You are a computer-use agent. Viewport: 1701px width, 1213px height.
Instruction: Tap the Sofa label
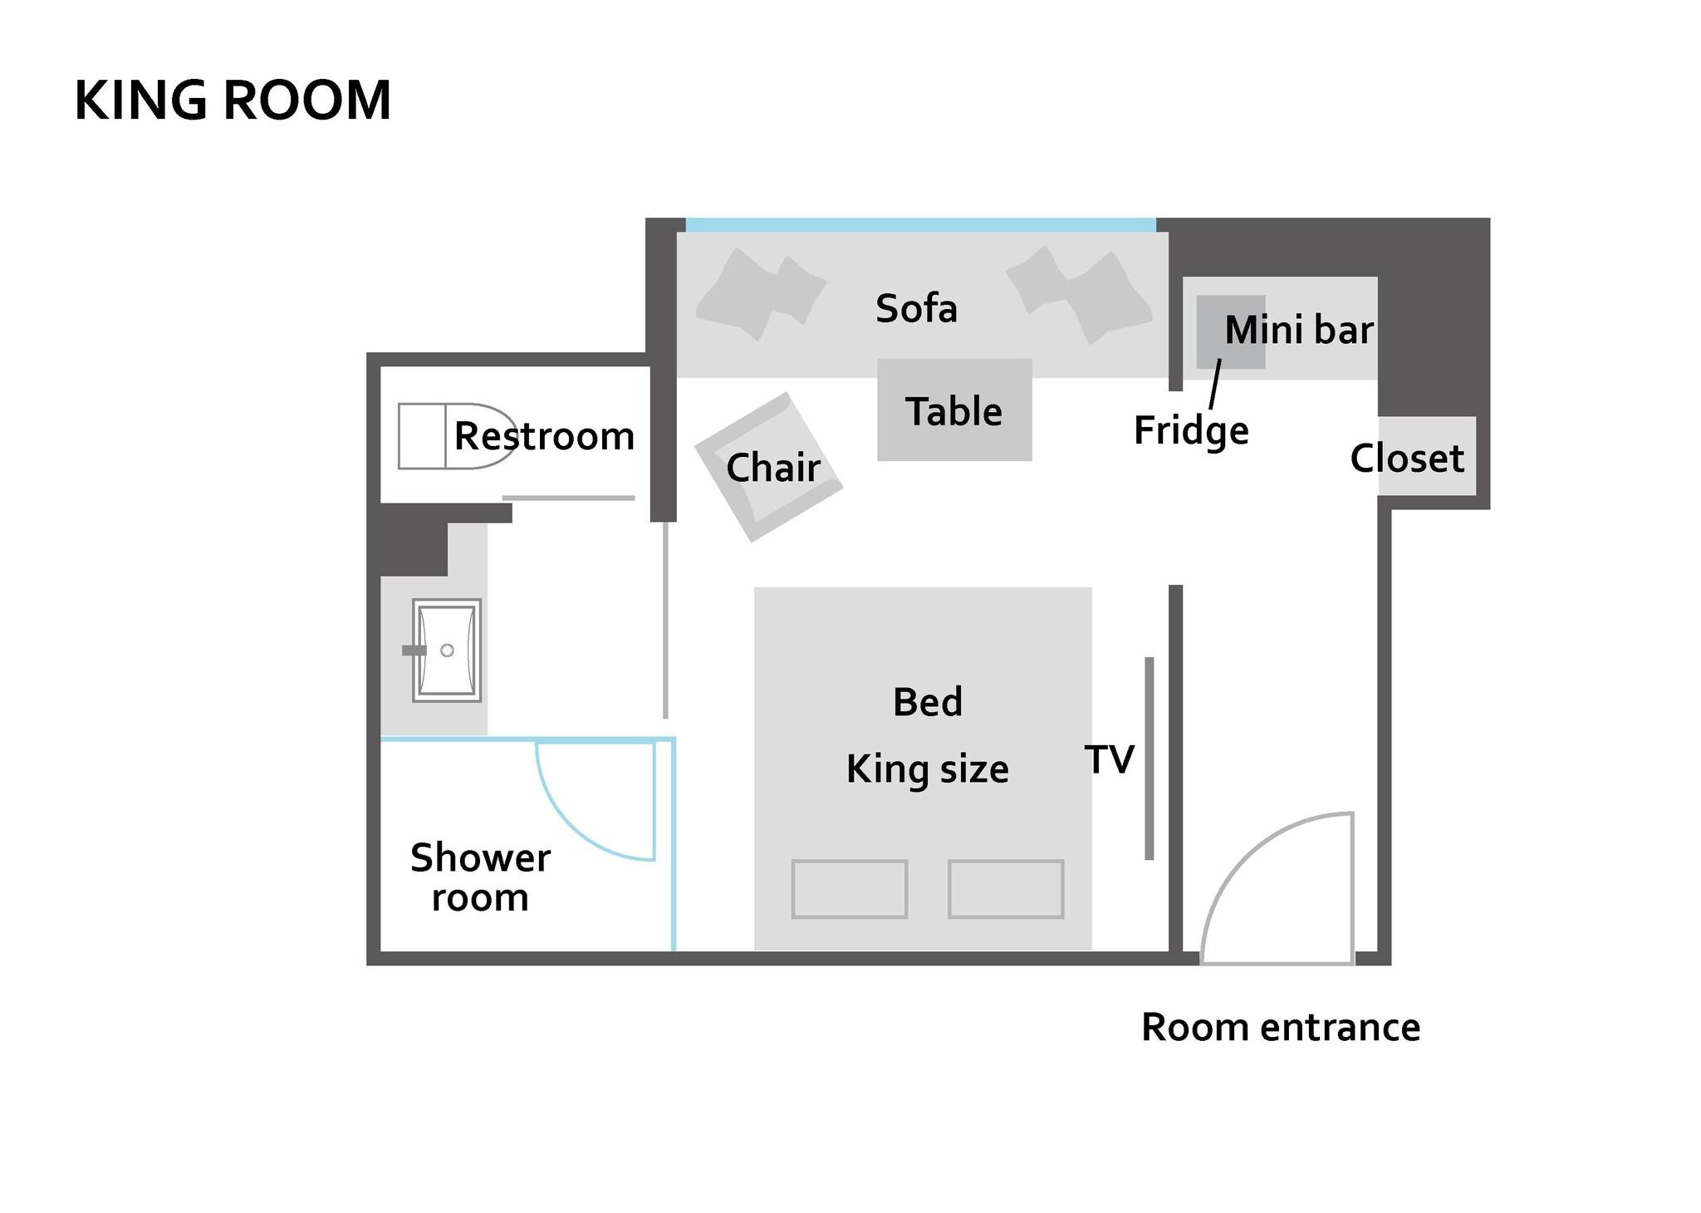[916, 308]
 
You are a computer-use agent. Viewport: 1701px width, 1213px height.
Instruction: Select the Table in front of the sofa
[954, 410]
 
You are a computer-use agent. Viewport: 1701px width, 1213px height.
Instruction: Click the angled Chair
[769, 467]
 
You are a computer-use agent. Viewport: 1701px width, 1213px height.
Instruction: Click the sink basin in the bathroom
[447, 650]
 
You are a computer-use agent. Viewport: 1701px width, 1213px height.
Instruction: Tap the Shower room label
[480, 877]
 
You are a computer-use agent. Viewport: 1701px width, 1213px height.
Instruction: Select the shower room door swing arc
[581, 823]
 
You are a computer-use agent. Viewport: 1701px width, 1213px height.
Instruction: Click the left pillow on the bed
[849, 889]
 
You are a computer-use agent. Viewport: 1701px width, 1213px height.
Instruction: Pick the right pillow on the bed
[1006, 889]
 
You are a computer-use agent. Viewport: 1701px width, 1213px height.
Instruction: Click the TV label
[1109, 759]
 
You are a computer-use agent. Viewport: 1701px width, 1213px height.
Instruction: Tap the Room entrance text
[1280, 1028]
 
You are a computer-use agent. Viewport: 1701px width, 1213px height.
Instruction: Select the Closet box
[1426, 457]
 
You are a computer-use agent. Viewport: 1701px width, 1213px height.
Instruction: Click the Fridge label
[1191, 430]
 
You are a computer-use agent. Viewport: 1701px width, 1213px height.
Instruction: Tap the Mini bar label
[1299, 330]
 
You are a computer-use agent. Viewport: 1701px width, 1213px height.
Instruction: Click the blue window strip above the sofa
[920, 225]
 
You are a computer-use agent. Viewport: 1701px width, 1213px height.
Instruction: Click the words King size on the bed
[927, 769]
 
